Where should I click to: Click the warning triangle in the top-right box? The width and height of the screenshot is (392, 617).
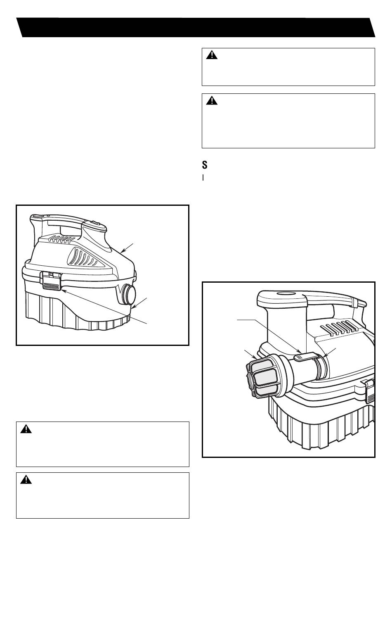pos(212,55)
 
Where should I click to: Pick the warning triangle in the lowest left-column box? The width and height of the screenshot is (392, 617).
pos(26,479)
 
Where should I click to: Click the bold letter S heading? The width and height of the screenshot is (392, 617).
pos(205,165)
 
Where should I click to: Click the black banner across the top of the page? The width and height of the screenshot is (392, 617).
pos(196,27)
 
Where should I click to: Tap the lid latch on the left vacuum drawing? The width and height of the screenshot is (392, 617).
pos(52,281)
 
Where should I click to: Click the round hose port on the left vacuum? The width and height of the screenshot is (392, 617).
pos(129,294)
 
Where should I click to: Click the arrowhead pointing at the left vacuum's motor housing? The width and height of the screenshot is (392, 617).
pos(123,251)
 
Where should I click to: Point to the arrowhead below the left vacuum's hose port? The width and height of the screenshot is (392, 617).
pos(133,307)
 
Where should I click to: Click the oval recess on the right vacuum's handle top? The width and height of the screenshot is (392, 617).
pos(285,294)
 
